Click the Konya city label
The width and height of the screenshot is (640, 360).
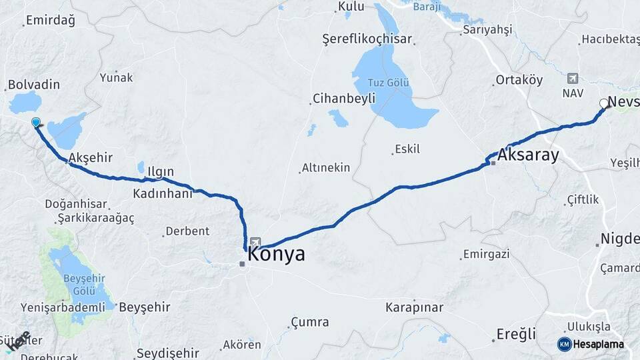click(x=276, y=254)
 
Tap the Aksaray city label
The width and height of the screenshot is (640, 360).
click(x=528, y=155)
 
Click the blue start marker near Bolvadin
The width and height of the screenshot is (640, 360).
click(x=36, y=122)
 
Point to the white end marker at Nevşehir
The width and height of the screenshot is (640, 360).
click(x=603, y=103)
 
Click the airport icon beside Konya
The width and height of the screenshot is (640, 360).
click(x=256, y=243)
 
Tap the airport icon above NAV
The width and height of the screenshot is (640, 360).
click(x=573, y=78)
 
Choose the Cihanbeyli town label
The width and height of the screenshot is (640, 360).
click(x=341, y=100)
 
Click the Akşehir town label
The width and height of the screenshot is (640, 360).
click(x=90, y=158)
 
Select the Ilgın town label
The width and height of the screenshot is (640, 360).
click(x=160, y=172)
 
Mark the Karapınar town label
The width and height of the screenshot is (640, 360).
click(x=414, y=307)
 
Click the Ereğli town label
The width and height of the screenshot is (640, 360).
click(x=516, y=334)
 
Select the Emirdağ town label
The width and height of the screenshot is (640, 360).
click(x=50, y=20)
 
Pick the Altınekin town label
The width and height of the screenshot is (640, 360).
click(x=325, y=167)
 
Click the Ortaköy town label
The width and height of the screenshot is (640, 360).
click(x=519, y=80)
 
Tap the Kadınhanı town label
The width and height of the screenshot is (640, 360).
click(x=163, y=193)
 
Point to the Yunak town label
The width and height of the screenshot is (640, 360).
click(x=116, y=77)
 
